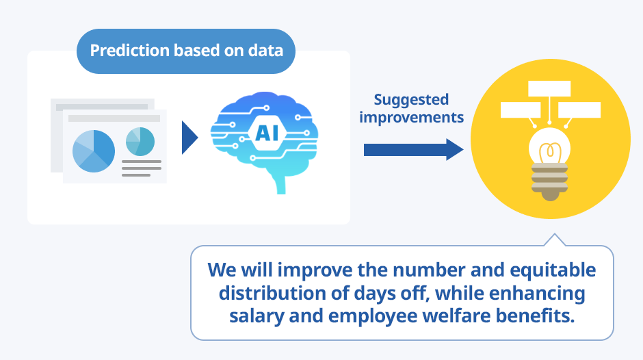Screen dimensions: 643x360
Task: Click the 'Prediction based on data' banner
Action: coord(186,51)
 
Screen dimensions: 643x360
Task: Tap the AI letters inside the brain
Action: coord(267,133)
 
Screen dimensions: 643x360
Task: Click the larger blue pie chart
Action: coord(94,151)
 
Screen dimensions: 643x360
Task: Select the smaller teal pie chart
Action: coord(140,142)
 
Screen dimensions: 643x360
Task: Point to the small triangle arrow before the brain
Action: coord(189,138)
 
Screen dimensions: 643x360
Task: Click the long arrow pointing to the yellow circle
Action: coord(413,150)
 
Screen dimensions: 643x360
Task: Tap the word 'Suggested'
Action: coord(411,100)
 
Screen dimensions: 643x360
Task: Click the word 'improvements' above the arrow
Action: coord(411,118)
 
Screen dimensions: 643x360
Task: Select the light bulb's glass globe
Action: coord(549,146)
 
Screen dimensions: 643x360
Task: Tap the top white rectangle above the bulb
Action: coord(549,89)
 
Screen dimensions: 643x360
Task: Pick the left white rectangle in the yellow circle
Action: coord(521,110)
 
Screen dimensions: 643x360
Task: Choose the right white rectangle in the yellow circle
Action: coord(579,110)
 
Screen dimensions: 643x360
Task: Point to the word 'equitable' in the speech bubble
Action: coord(553,271)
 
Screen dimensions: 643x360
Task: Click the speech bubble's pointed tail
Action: coord(555,240)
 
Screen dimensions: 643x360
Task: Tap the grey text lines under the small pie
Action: coord(142,168)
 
